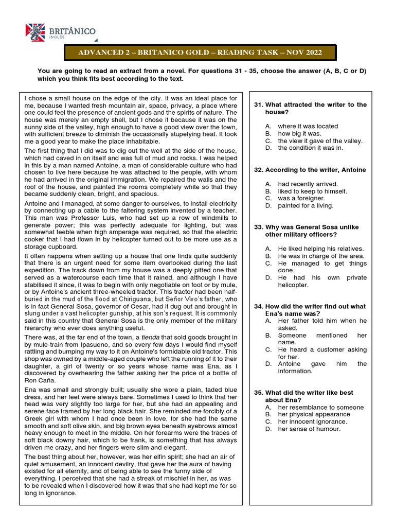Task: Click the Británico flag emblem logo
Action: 36,32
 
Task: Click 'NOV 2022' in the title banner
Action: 304,52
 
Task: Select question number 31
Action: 259,104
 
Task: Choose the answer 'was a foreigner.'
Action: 301,198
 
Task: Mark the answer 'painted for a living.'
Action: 306,205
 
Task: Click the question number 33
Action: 259,227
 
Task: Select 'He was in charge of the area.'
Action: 321,256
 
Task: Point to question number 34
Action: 259,306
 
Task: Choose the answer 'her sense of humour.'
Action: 309,429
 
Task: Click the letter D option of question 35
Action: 268,429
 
